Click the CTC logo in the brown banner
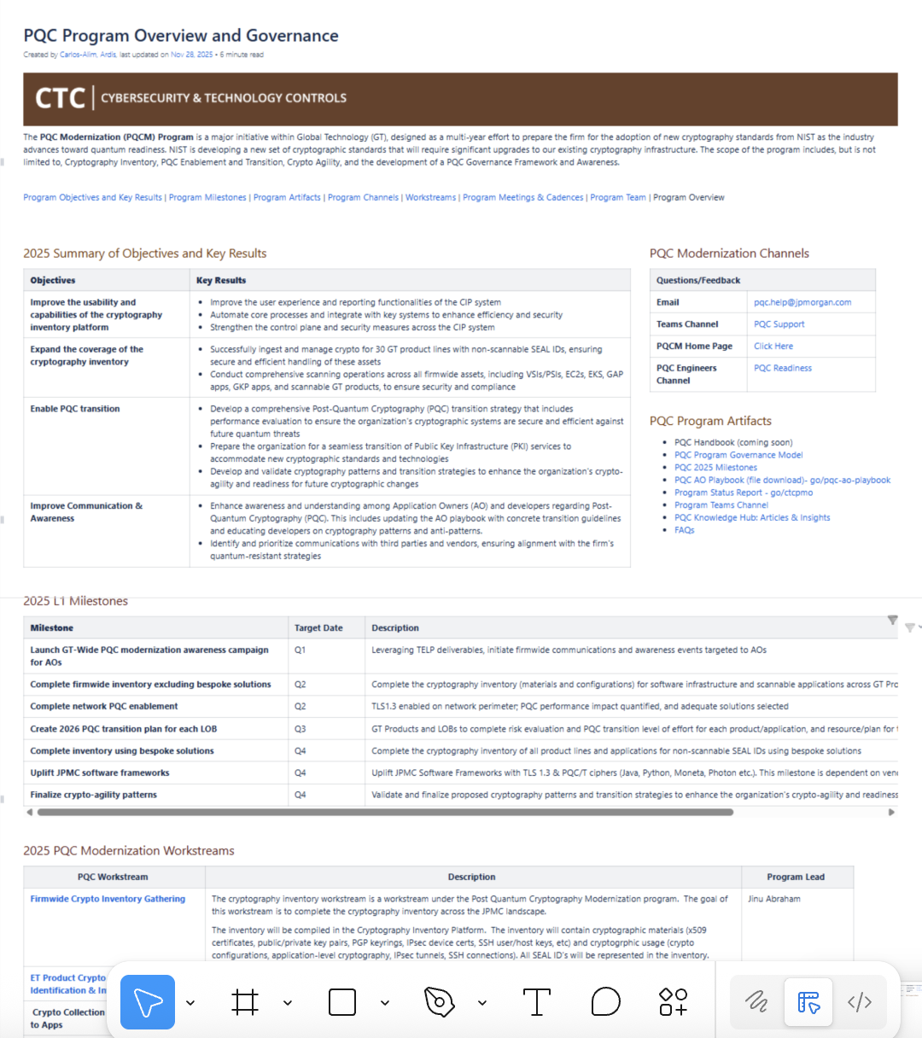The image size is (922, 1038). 60,98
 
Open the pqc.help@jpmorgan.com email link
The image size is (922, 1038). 802,302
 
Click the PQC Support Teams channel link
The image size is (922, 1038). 779,324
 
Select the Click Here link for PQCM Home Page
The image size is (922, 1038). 773,346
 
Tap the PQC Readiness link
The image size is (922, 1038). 782,368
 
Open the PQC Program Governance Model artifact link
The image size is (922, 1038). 738,455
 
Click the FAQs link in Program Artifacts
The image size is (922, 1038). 684,530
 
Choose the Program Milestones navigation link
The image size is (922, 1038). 207,197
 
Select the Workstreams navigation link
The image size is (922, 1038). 430,197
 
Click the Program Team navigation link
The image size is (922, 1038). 617,197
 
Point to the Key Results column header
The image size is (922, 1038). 221,280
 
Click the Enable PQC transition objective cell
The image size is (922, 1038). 75,409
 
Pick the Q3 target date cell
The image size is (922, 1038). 301,729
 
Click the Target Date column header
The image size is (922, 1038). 318,628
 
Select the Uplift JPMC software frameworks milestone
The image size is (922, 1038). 100,773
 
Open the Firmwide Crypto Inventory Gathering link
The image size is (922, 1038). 108,899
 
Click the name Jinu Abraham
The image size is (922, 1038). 773,899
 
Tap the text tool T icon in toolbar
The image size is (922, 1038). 536,1001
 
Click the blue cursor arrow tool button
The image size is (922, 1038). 148,1001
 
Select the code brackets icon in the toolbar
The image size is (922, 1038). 859,1001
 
